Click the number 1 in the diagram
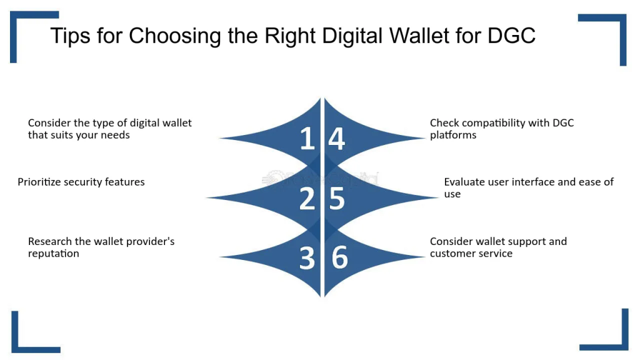307,138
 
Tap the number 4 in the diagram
337,138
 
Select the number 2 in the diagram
307,198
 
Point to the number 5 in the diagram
337,199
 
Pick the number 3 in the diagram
307,258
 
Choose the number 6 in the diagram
339,257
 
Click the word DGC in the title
511,36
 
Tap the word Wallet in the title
419,36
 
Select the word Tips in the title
70,36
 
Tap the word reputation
54,254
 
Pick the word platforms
453,135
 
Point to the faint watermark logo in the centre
321,179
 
